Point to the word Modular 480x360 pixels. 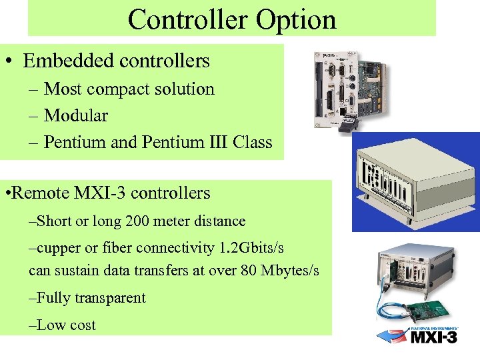(75, 115)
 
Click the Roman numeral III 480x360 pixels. (213, 142)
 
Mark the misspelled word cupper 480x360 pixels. (58, 248)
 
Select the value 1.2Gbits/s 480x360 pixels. (251, 248)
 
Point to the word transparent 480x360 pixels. (109, 298)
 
